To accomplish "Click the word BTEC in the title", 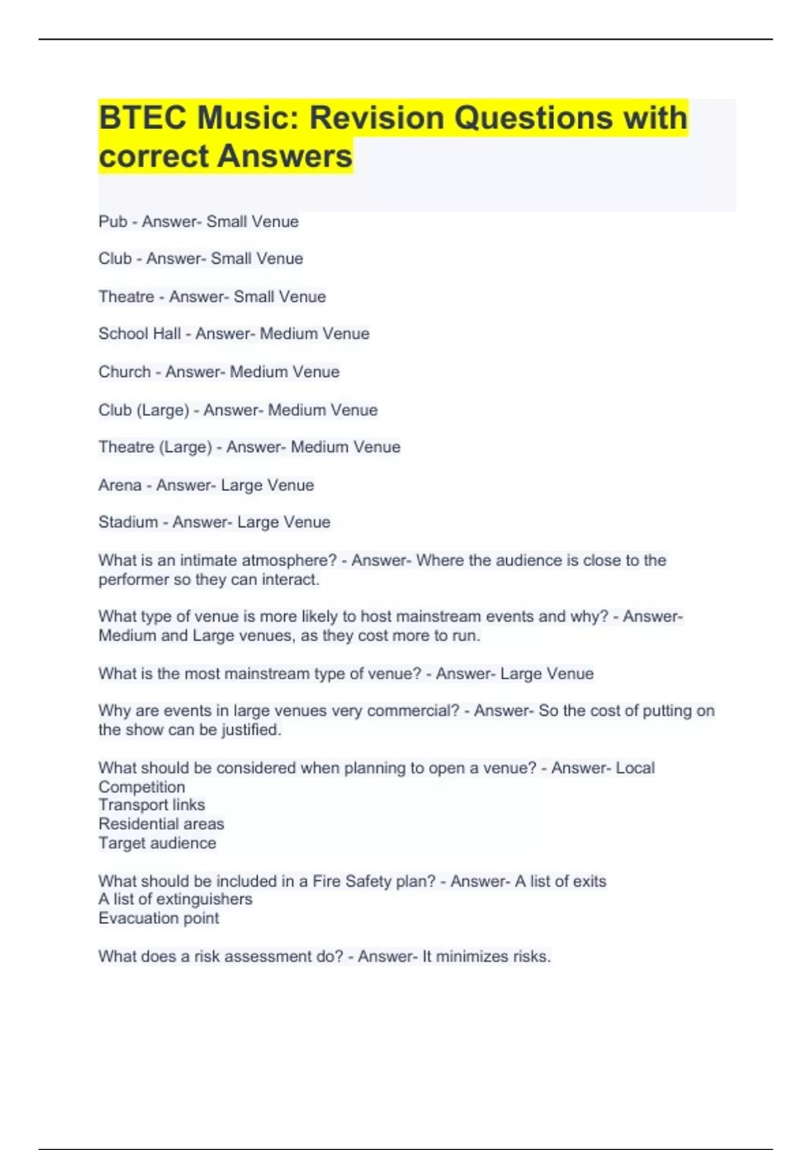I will pyautogui.click(x=143, y=118).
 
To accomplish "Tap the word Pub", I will pyautogui.click(x=112, y=222).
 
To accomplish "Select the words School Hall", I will pyautogui.click(x=139, y=333).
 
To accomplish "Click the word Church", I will pyautogui.click(x=125, y=372).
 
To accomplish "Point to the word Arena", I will pyautogui.click(x=120, y=486).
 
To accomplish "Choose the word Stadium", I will pyautogui.click(x=128, y=522).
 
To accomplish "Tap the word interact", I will pyautogui.click(x=294, y=580).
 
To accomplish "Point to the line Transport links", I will pyautogui.click(x=152, y=805).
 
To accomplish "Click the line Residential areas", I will pyautogui.click(x=161, y=824).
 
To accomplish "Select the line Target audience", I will pyautogui.click(x=157, y=843).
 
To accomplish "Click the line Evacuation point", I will pyautogui.click(x=158, y=918).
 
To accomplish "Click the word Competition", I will pyautogui.click(x=141, y=787).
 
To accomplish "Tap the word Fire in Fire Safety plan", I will pyautogui.click(x=326, y=881).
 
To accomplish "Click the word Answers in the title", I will pyautogui.click(x=285, y=156).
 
